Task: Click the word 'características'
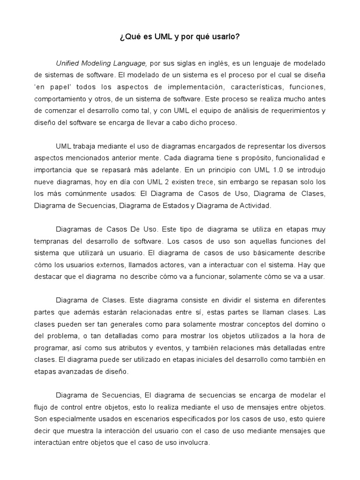click(256, 87)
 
